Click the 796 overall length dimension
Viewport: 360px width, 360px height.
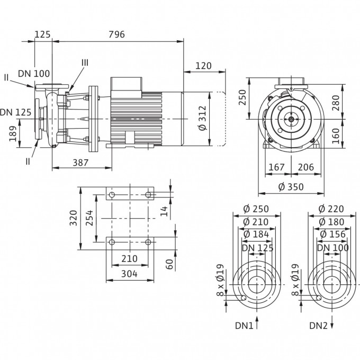click(x=116, y=34)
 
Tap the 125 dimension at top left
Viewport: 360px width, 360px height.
click(x=42, y=34)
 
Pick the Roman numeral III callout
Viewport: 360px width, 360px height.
click(x=85, y=62)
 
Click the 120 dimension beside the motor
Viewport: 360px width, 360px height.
click(x=203, y=66)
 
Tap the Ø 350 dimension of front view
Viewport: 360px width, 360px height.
click(x=291, y=186)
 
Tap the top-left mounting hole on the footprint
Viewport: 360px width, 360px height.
click(x=112, y=195)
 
